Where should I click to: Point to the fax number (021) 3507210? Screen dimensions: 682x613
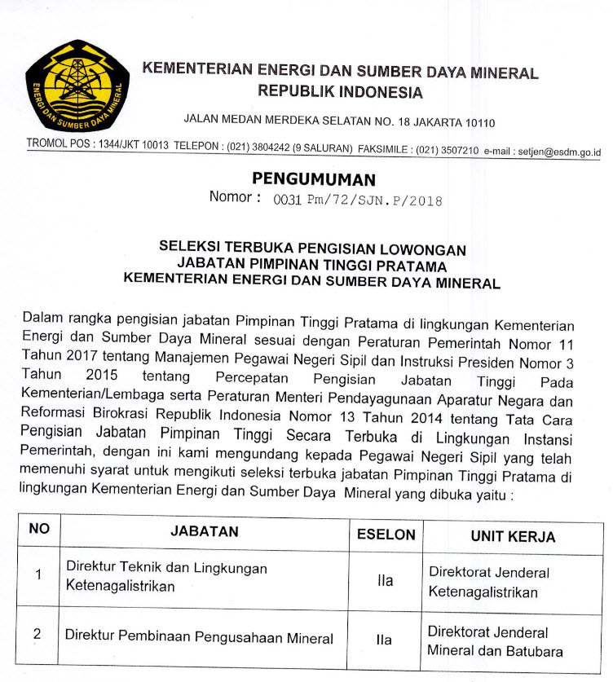tap(448, 151)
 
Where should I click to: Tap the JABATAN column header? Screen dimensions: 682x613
tap(205, 531)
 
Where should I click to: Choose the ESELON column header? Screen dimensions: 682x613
tap(386, 535)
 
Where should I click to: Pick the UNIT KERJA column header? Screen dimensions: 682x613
tap(513, 536)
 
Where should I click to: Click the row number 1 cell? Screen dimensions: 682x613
tap(37, 575)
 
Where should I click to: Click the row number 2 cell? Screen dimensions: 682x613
tap(37, 633)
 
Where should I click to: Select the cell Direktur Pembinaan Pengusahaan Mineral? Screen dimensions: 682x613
tap(200, 638)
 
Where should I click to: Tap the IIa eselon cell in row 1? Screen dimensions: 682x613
tap(385, 581)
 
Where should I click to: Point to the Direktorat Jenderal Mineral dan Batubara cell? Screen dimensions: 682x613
tap(495, 641)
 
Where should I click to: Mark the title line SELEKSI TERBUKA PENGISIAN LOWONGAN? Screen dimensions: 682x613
tap(312, 249)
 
